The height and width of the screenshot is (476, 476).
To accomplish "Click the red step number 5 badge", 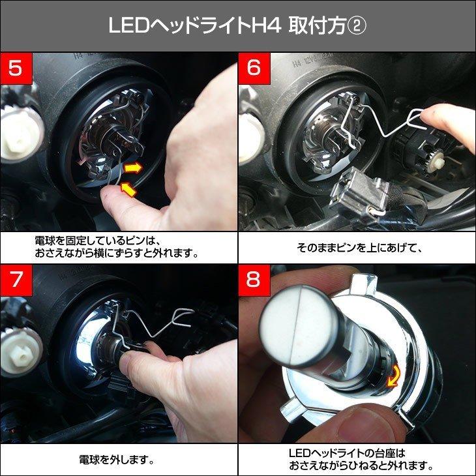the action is [x=16, y=68].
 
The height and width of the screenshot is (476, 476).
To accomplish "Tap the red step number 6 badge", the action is [x=254, y=68].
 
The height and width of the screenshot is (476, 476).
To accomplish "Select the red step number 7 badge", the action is [x=16, y=280].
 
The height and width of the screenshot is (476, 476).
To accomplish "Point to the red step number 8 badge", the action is [x=254, y=280].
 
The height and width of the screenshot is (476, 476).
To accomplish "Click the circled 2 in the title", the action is [x=357, y=25].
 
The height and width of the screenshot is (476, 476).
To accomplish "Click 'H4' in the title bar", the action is [x=267, y=25].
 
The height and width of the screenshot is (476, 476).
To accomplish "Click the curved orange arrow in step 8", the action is [x=394, y=376].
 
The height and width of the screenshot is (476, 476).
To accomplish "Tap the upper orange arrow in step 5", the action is [x=133, y=168].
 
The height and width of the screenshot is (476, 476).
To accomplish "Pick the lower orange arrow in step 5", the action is [x=128, y=189].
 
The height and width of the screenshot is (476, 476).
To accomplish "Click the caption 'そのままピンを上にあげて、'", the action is [x=359, y=248].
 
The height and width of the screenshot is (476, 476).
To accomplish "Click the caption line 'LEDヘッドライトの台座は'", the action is [x=347, y=453].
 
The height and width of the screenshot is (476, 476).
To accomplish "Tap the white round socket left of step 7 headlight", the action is [x=19, y=353].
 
